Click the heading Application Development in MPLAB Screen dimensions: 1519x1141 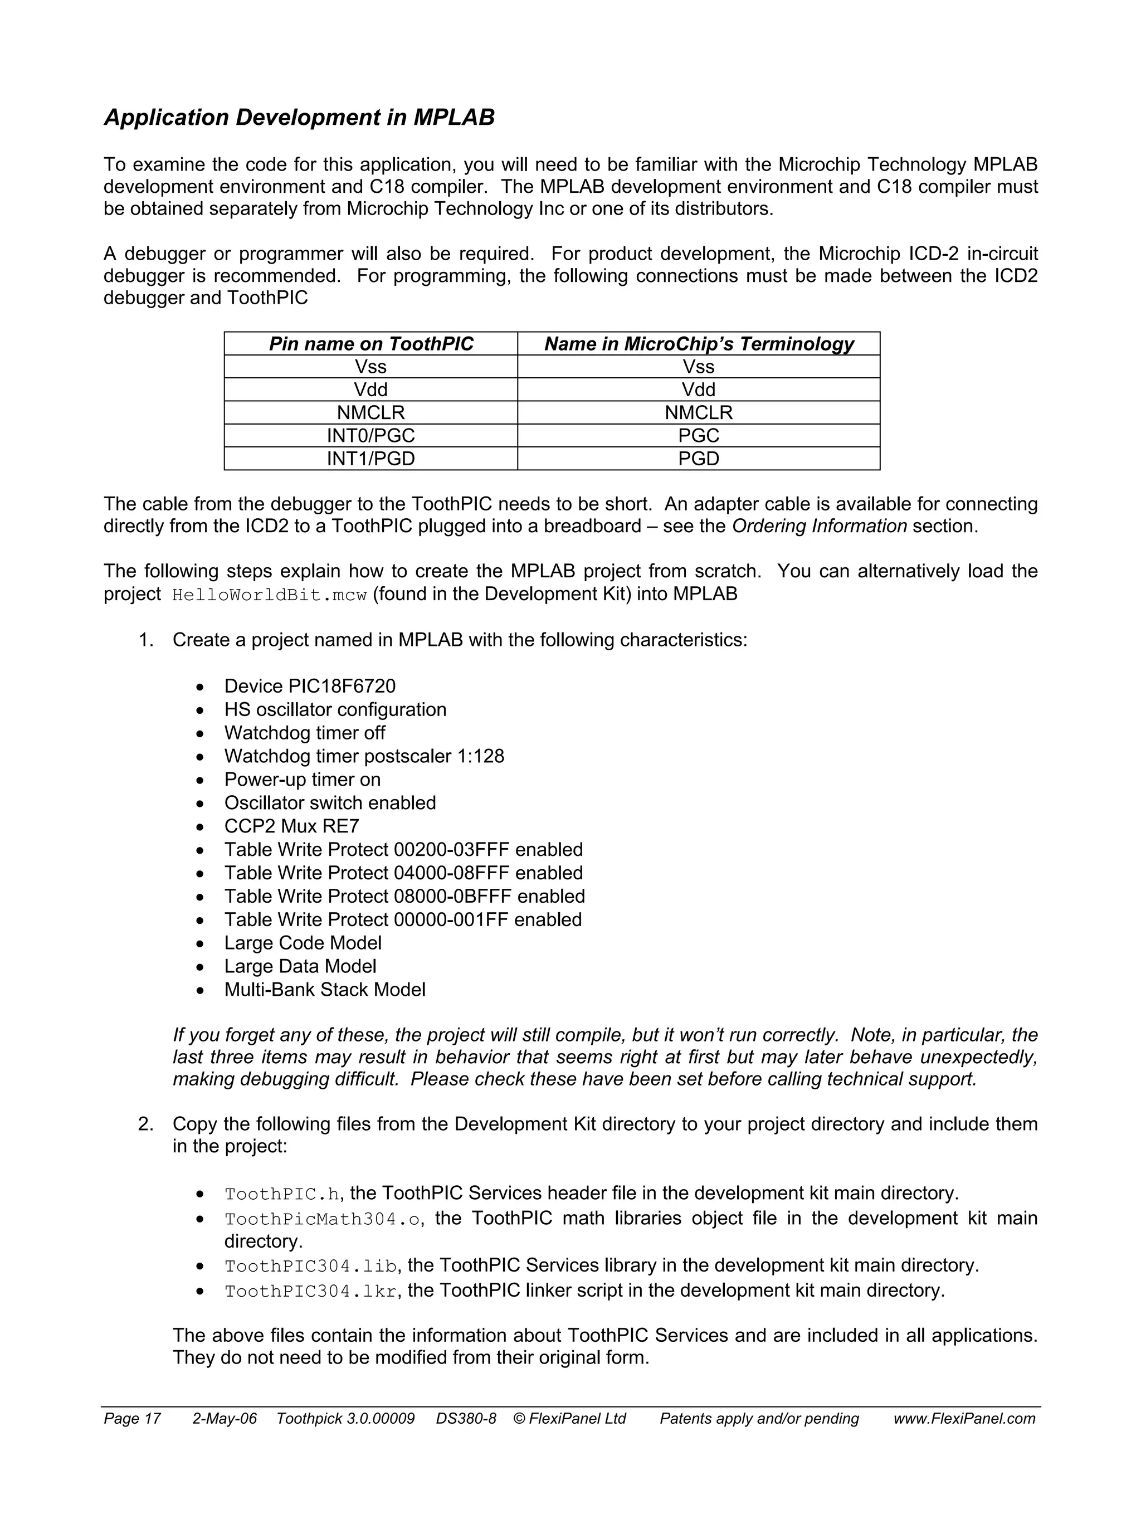(299, 118)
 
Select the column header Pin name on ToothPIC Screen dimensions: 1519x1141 (370, 343)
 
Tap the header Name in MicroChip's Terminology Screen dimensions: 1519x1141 (698, 343)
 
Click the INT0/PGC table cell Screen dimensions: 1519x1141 (370, 435)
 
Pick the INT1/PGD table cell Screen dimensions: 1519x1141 (370, 458)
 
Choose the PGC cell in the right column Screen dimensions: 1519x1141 (698, 435)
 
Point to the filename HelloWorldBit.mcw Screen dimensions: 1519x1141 (269, 595)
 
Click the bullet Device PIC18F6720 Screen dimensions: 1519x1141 (310, 686)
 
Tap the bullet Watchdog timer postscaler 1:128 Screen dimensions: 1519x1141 (364, 756)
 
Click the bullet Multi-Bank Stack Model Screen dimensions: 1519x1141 (325, 990)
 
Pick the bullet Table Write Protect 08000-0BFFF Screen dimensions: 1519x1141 (404, 896)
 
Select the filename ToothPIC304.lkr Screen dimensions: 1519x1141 (311, 1292)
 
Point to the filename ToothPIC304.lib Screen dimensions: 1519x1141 (311, 1266)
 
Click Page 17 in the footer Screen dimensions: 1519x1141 (132, 1419)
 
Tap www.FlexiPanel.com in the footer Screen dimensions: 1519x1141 (964, 1419)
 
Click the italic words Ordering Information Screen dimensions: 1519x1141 (819, 526)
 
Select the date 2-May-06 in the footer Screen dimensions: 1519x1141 (225, 1419)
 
